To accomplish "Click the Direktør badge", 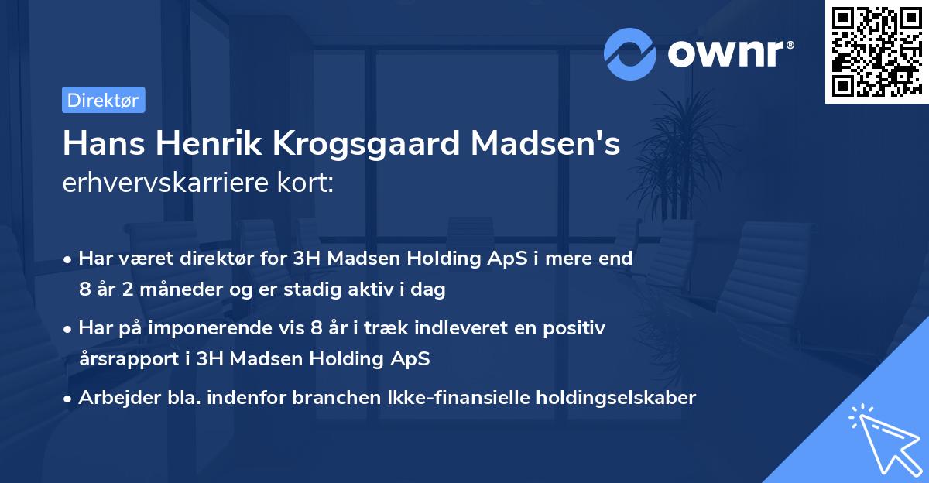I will click(103, 100).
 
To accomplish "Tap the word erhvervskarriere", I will click(166, 183).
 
